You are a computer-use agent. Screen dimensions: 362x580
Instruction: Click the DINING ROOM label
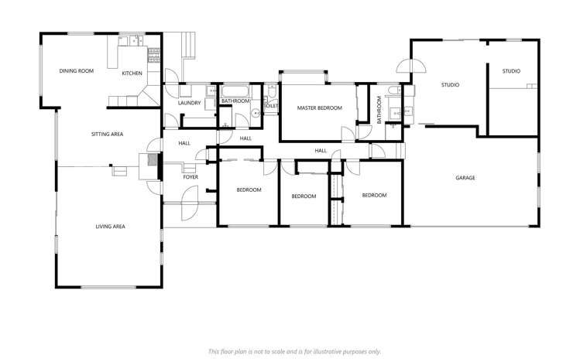[76, 71]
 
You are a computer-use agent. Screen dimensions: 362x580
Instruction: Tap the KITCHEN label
[132, 73]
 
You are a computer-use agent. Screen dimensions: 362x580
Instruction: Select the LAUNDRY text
[189, 103]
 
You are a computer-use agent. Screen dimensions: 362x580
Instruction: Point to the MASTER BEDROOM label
[319, 108]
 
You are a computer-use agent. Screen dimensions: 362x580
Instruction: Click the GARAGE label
[465, 178]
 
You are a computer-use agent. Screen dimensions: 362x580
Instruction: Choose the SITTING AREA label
[107, 135]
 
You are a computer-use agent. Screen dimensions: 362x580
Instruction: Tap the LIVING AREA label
[110, 227]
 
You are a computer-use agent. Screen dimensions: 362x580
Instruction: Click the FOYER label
[190, 177]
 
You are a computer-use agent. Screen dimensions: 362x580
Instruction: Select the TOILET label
[271, 106]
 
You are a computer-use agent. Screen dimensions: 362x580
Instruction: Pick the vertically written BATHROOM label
[379, 109]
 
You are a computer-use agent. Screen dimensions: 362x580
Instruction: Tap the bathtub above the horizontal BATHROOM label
[235, 91]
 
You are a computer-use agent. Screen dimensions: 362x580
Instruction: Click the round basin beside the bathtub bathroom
[255, 114]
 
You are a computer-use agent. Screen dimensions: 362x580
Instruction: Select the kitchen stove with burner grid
[153, 54]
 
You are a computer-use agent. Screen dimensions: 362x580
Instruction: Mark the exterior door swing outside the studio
[403, 68]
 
